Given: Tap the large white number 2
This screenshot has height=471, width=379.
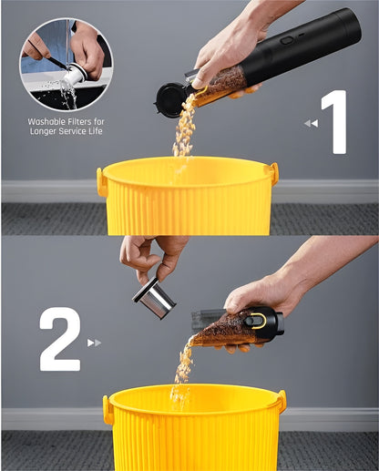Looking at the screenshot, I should [59, 339].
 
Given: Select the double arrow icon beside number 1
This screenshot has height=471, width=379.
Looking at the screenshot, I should [311, 123].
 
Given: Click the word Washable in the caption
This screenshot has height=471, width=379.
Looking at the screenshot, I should [46, 120].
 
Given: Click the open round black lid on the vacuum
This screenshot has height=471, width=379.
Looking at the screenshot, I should [170, 98].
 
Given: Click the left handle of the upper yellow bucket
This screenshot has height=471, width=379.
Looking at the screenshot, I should [101, 180].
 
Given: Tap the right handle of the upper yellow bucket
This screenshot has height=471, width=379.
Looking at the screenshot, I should [272, 173].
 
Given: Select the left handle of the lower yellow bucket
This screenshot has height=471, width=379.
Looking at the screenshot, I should [108, 409].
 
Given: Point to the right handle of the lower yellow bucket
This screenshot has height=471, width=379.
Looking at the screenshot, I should [281, 401].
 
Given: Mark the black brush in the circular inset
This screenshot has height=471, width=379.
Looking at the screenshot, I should [46, 55].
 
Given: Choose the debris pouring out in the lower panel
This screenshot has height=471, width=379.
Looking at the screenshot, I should [185, 364].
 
